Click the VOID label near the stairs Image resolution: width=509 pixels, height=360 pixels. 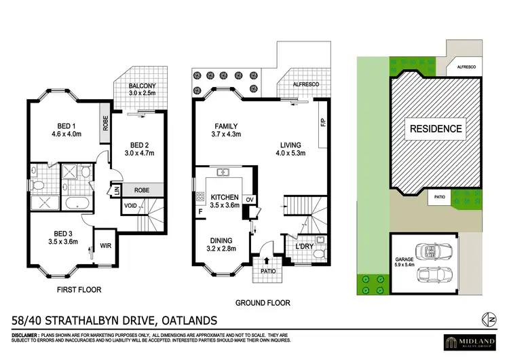click(132, 204)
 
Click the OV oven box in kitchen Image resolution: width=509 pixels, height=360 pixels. click(249, 199)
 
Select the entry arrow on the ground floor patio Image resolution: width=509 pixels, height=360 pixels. click(265, 260)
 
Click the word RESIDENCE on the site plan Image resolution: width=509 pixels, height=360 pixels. click(435, 128)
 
